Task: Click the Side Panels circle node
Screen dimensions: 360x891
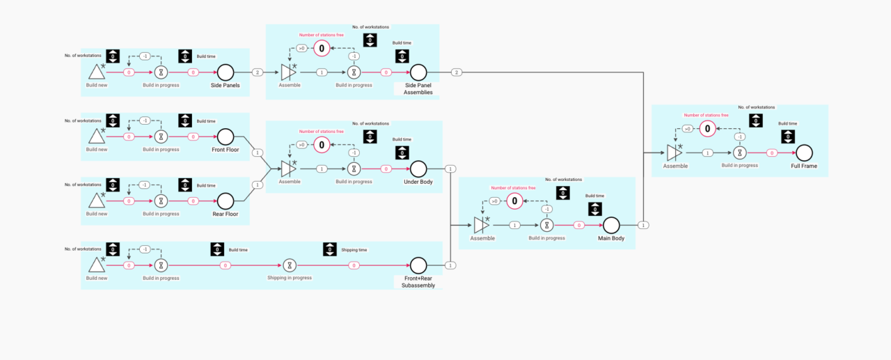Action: coord(226,72)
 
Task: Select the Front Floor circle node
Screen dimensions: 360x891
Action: coord(226,136)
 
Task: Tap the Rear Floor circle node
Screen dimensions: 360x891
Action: coord(226,201)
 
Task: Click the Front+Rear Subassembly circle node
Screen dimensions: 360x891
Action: coord(418,265)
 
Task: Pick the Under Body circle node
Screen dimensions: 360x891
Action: coord(418,169)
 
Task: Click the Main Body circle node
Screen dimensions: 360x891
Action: coord(611,225)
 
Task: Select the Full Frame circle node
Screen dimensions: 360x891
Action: coord(804,152)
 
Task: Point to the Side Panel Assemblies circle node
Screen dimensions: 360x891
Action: coord(418,72)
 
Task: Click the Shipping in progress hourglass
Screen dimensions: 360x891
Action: coord(290,265)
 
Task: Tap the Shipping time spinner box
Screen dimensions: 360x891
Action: coord(330,249)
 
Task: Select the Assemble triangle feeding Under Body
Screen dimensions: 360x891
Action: coord(288,169)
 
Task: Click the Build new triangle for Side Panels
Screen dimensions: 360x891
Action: coord(97,72)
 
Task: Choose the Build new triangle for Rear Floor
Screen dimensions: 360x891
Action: coord(97,201)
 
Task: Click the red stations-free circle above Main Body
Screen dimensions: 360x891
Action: coord(514,201)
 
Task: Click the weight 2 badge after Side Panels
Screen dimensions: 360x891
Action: coord(257,72)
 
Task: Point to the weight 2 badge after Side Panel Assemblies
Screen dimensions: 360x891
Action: coord(456,72)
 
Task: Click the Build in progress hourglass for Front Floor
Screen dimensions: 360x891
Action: coord(161,136)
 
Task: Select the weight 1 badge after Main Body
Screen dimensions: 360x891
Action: coord(644,225)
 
